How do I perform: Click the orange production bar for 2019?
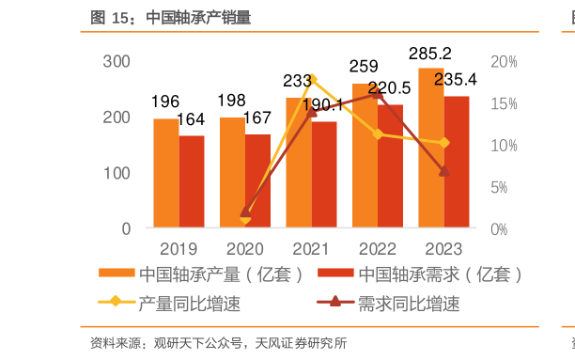pos(165,173)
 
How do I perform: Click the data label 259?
pos(364,67)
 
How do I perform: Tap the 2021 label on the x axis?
pos(311,249)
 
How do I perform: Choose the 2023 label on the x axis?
pos(443,249)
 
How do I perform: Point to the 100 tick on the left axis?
pos(117,174)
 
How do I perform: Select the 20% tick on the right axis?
pos(504,62)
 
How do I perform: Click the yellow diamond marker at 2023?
pos(444,143)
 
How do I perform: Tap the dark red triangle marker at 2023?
pos(444,171)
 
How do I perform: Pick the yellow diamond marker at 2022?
pos(378,133)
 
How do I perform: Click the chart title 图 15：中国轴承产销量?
pos(170,18)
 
